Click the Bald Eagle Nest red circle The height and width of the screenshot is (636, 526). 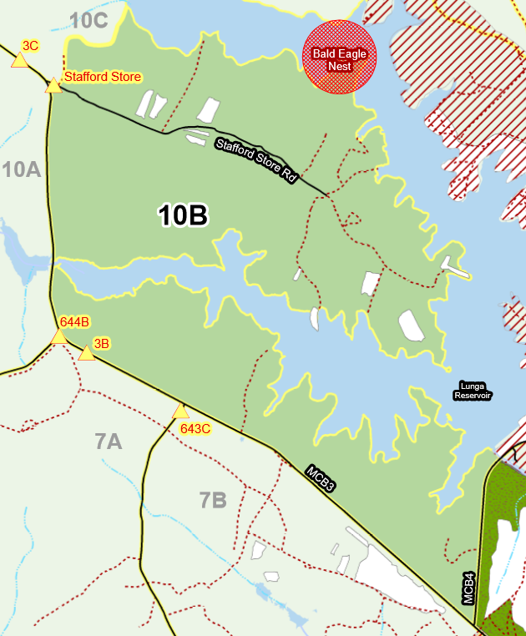tap(339, 57)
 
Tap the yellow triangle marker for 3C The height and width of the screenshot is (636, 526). tap(20, 60)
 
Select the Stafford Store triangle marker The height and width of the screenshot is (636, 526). tap(53, 86)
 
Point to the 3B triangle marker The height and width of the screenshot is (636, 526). tap(86, 354)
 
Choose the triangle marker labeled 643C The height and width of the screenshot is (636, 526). tap(180, 411)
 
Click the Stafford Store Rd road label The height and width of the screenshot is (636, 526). tap(256, 159)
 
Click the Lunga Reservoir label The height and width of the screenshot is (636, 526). tap(473, 391)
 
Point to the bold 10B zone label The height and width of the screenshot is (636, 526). tap(183, 216)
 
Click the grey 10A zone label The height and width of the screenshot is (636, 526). tap(22, 170)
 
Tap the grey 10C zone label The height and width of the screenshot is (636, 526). tap(89, 21)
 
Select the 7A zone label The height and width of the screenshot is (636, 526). tap(109, 442)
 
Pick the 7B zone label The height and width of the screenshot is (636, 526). tap(213, 501)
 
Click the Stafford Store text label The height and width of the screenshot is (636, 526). tap(103, 77)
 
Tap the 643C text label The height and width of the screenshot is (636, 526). tap(195, 429)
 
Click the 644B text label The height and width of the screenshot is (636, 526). tap(74, 321)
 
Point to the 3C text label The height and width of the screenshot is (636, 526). tap(30, 45)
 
